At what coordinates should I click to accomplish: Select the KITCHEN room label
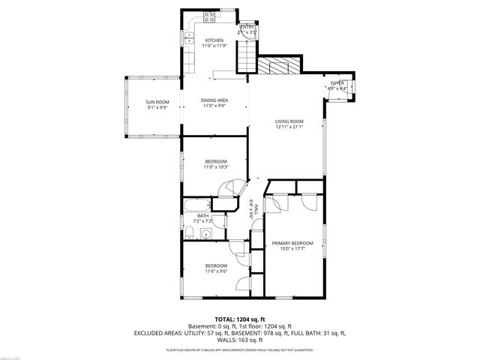(x=214, y=40)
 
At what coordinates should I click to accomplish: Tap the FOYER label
(x=337, y=82)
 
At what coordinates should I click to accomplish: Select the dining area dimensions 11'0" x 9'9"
(x=215, y=106)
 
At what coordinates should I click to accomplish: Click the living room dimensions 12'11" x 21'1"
(x=289, y=127)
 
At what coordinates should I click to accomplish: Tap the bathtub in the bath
(x=197, y=205)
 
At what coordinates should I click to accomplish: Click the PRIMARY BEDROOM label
(x=292, y=243)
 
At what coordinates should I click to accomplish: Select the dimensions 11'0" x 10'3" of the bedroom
(x=216, y=166)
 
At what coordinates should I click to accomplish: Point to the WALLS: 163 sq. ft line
(x=239, y=340)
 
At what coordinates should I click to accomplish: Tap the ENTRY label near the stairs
(x=247, y=27)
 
